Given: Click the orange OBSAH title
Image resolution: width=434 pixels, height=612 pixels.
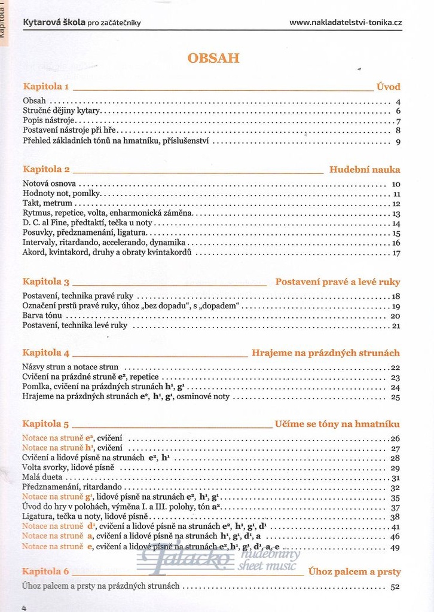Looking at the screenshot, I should click(x=213, y=58).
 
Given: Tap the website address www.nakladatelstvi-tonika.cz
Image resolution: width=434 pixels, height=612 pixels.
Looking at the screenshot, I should click(x=346, y=23).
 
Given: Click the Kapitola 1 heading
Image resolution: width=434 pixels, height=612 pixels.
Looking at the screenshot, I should click(x=46, y=87).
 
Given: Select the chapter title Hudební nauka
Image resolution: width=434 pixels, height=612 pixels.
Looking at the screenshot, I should click(x=365, y=169).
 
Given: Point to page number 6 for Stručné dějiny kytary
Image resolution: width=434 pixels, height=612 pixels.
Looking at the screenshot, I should click(x=398, y=111).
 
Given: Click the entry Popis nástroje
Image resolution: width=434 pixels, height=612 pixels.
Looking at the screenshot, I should click(x=48, y=121).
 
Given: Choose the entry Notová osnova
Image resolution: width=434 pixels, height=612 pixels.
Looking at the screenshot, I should click(x=49, y=184).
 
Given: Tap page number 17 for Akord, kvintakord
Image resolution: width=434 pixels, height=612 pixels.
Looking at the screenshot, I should click(x=396, y=253).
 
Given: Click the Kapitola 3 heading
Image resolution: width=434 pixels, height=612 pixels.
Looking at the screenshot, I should click(x=46, y=281).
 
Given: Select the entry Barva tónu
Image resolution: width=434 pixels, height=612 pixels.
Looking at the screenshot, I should click(x=42, y=316).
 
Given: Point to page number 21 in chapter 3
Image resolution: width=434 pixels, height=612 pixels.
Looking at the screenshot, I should click(x=395, y=326).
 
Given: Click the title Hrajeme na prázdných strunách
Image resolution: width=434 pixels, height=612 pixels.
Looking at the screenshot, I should click(x=326, y=353).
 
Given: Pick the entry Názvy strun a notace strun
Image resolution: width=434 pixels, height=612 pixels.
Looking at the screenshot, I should click(x=71, y=367).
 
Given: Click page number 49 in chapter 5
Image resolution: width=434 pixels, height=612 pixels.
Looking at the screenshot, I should click(x=395, y=547).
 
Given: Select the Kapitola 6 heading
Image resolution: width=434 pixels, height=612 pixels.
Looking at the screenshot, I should click(x=46, y=571).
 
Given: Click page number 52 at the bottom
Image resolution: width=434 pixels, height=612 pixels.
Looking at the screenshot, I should click(x=395, y=587).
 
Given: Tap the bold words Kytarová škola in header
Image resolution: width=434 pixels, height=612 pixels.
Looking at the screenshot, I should click(x=54, y=23).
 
